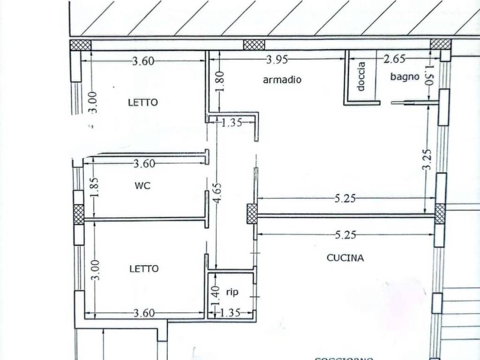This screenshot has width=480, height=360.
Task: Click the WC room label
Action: pos(142,186)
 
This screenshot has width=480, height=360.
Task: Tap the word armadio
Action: pos(282,80)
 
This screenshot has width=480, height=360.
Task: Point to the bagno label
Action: pos(405,76)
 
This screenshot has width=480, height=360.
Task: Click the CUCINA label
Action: pos(345,257)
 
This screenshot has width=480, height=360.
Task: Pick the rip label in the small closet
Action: pos(232,292)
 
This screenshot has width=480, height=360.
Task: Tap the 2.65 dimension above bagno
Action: pos(394,59)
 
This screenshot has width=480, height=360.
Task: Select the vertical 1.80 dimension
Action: pos(222,81)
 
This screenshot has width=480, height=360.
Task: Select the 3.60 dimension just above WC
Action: pos(144,164)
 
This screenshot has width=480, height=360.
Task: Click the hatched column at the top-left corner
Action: pos(80,45)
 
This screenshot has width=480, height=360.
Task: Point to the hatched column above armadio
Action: pos(254,45)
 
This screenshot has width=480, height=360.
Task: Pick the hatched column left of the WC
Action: pos(79,214)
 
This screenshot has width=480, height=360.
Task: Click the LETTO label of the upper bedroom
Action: pos(143,102)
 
